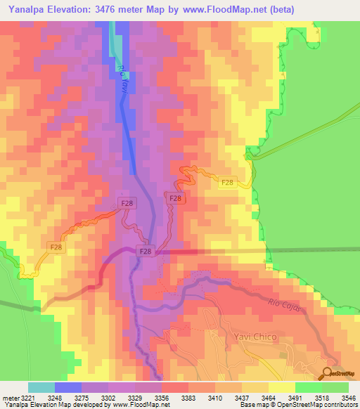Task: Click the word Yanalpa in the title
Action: (30, 9)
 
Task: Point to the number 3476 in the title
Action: (112, 9)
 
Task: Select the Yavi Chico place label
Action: (250, 337)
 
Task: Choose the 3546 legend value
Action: (348, 397)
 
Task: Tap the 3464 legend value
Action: (267, 397)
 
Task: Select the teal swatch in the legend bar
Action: (41, 387)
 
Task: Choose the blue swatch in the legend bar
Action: (68, 387)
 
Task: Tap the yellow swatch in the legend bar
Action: (281, 387)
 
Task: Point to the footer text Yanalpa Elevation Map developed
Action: (56, 405)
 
